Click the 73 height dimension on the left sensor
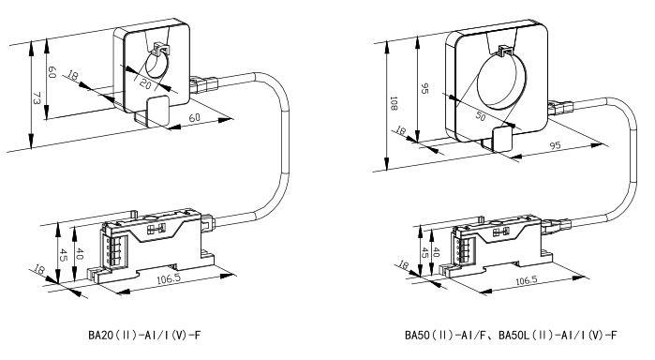click(x=37, y=98)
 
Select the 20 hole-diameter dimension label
click(x=145, y=83)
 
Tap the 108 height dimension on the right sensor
click(x=393, y=103)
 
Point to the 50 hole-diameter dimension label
click(x=481, y=116)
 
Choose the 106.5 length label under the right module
click(x=526, y=280)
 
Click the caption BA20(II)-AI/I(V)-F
click(x=145, y=335)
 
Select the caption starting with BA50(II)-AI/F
click(x=511, y=335)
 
